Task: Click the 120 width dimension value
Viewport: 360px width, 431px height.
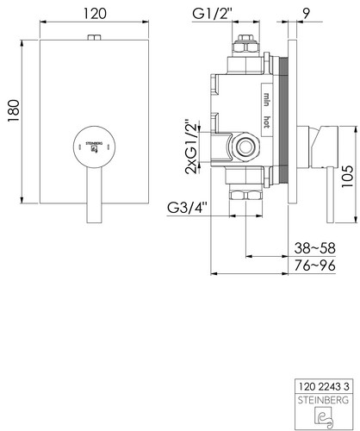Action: coord(95,14)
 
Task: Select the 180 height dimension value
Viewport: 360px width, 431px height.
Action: coord(14,111)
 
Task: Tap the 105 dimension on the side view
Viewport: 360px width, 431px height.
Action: coord(347,176)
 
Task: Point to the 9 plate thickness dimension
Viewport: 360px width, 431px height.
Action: coord(307,14)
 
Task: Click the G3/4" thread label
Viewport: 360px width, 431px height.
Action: coord(187,208)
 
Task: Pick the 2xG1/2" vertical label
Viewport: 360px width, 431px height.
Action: coord(192,147)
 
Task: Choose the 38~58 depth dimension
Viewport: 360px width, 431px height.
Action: coord(314,248)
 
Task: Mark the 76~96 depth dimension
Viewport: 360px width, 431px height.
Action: coord(314,265)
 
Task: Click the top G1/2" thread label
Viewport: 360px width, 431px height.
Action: coord(212,14)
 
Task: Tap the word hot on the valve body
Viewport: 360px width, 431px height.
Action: coord(267,122)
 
